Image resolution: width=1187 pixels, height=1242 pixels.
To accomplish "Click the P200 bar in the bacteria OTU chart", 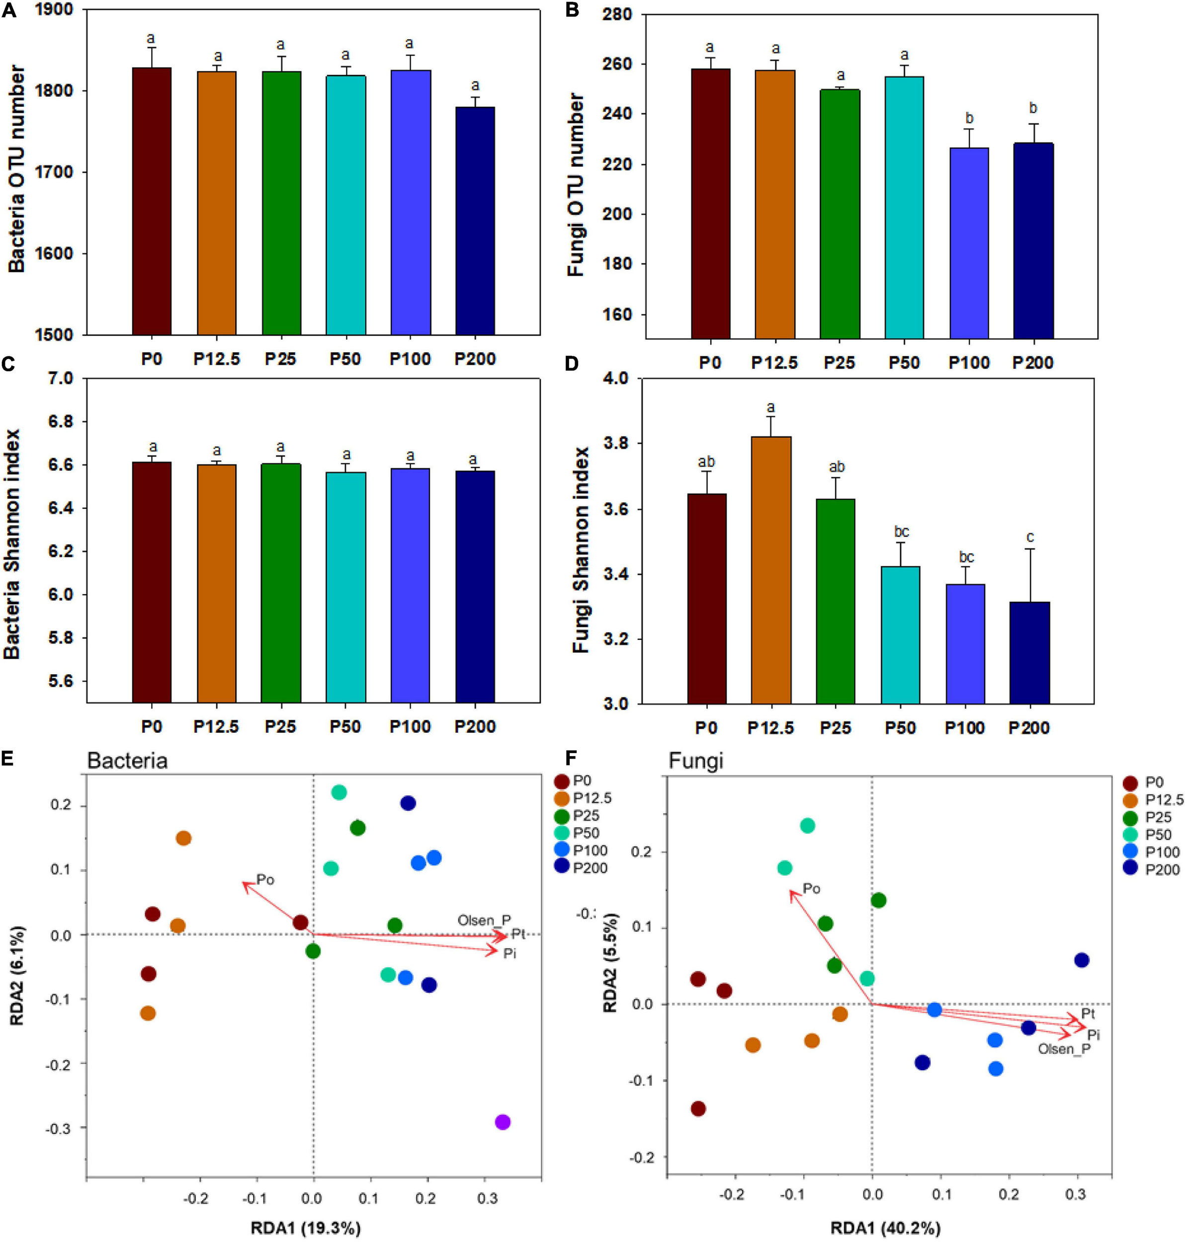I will (x=475, y=222).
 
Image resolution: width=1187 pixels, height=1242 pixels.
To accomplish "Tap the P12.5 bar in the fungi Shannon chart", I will (x=770, y=569).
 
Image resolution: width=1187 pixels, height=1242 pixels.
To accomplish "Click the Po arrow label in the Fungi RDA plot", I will (x=812, y=888).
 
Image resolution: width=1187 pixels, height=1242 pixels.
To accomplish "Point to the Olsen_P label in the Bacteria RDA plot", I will (x=484, y=920).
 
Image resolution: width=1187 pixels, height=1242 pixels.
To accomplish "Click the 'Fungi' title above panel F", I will (x=696, y=761).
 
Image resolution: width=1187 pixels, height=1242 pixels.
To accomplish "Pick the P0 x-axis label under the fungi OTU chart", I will (x=710, y=362).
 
